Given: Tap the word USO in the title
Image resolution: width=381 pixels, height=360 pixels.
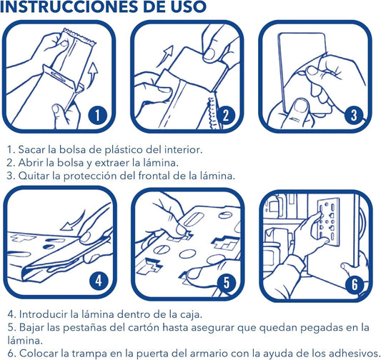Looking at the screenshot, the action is tap(187, 6).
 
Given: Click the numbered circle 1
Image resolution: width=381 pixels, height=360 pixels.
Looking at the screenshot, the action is tap(98, 115).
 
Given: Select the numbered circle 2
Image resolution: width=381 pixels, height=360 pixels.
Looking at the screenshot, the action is tap(226, 115).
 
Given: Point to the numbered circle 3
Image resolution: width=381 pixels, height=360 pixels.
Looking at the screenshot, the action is tap(354, 115).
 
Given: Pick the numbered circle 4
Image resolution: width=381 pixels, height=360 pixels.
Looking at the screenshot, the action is tap(98, 281).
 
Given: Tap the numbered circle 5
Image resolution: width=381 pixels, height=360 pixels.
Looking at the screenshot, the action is tap(226, 283).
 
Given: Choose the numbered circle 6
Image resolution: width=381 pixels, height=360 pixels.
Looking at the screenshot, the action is tap(355, 284).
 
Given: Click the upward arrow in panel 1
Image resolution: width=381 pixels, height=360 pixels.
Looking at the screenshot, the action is tap(92, 72).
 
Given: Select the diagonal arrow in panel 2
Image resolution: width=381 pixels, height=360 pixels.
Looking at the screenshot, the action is tap(166, 55).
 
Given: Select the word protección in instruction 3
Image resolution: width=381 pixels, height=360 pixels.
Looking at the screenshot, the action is tap(90, 176).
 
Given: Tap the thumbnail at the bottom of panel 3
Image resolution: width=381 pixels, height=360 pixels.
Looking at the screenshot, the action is tap(300, 106).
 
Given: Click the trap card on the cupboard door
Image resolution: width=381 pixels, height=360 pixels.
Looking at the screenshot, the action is tap(329, 219).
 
